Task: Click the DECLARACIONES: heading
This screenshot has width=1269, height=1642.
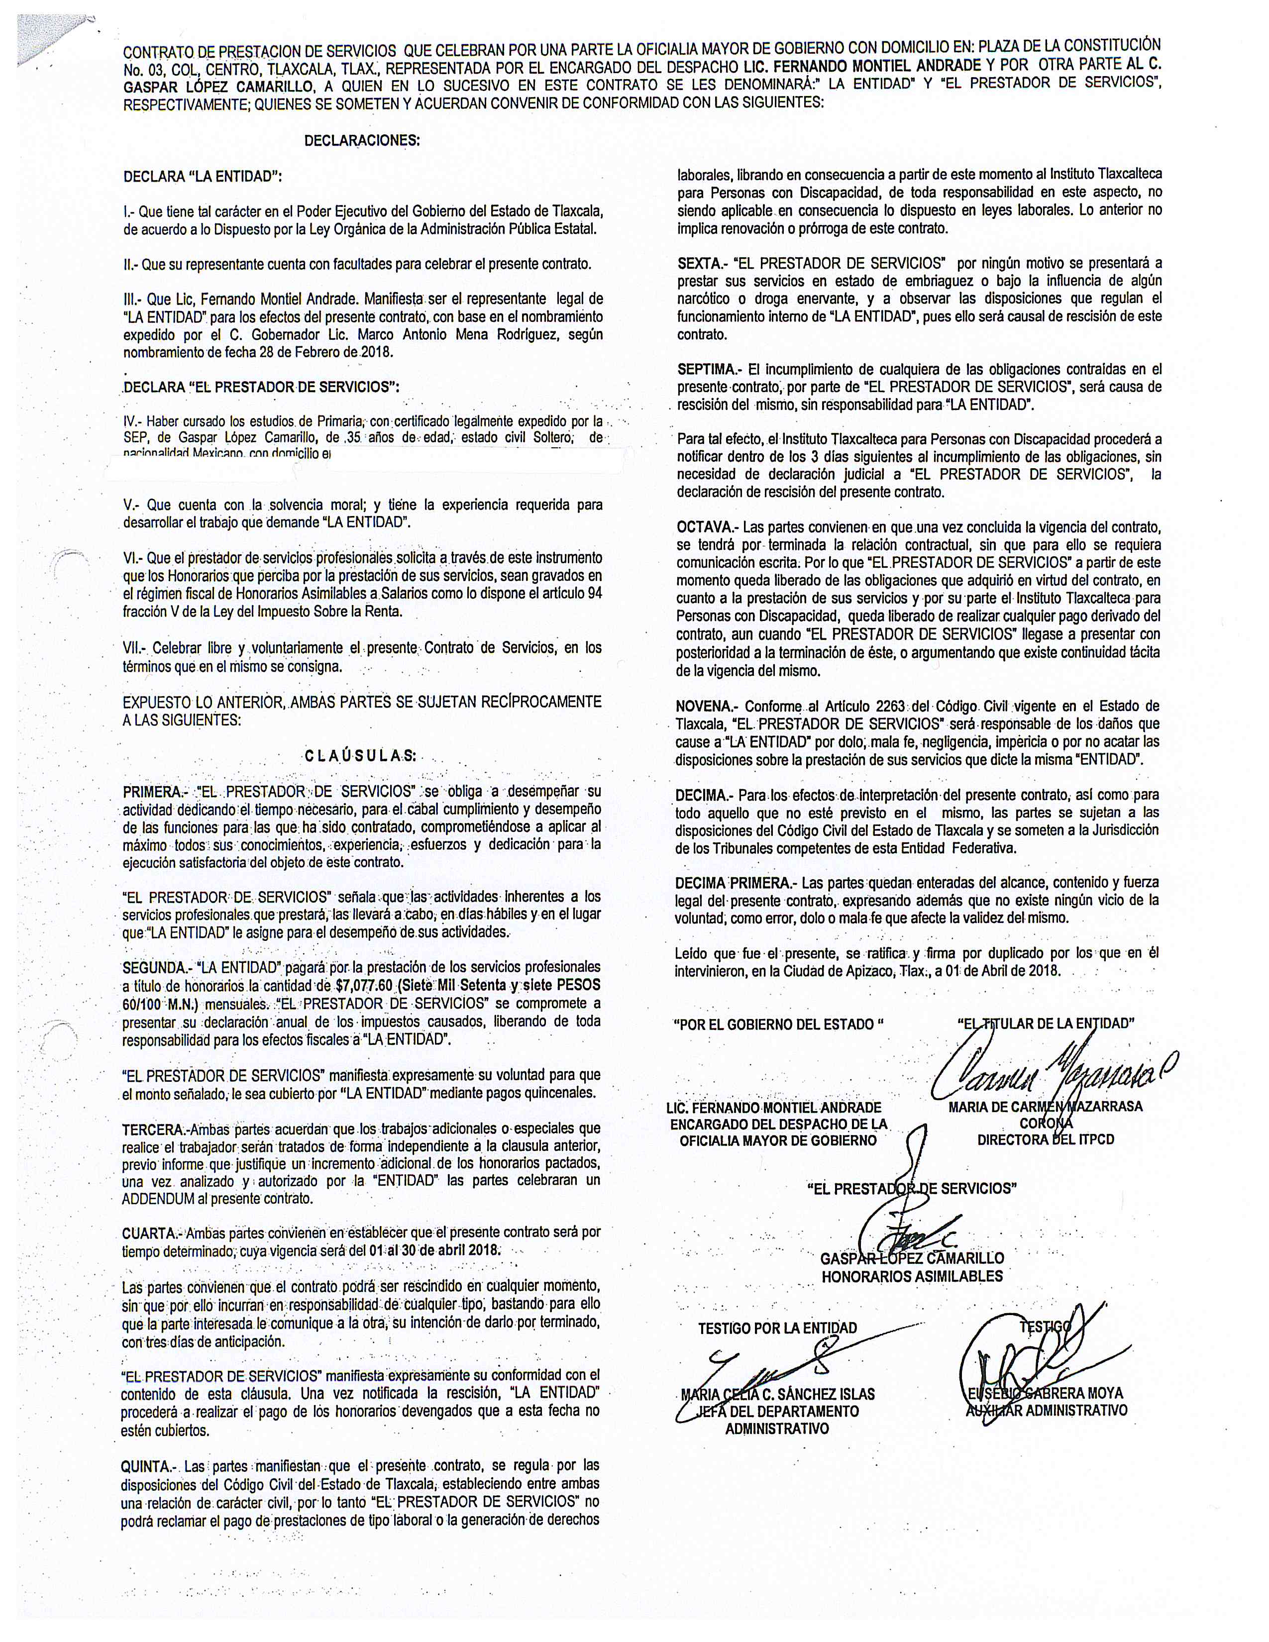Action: [362, 141]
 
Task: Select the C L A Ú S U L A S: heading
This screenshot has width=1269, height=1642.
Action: [359, 756]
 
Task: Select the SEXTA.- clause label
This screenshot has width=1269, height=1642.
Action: [702, 263]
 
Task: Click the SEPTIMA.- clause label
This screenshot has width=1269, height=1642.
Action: [709, 369]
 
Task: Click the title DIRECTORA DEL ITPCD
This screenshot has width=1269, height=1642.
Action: [1045, 1140]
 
